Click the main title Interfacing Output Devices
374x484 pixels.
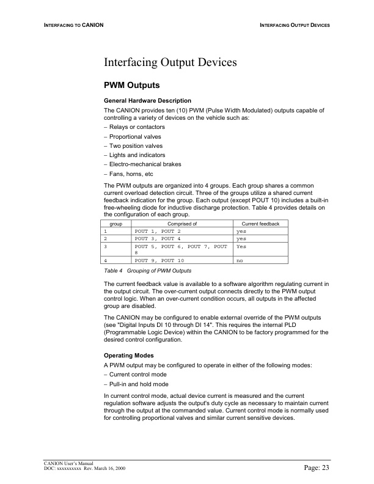(170, 62)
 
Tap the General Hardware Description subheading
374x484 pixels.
(148, 100)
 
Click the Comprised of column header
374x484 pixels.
(182, 224)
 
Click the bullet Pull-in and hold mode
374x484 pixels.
(139, 384)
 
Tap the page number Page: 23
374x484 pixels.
(317, 468)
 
